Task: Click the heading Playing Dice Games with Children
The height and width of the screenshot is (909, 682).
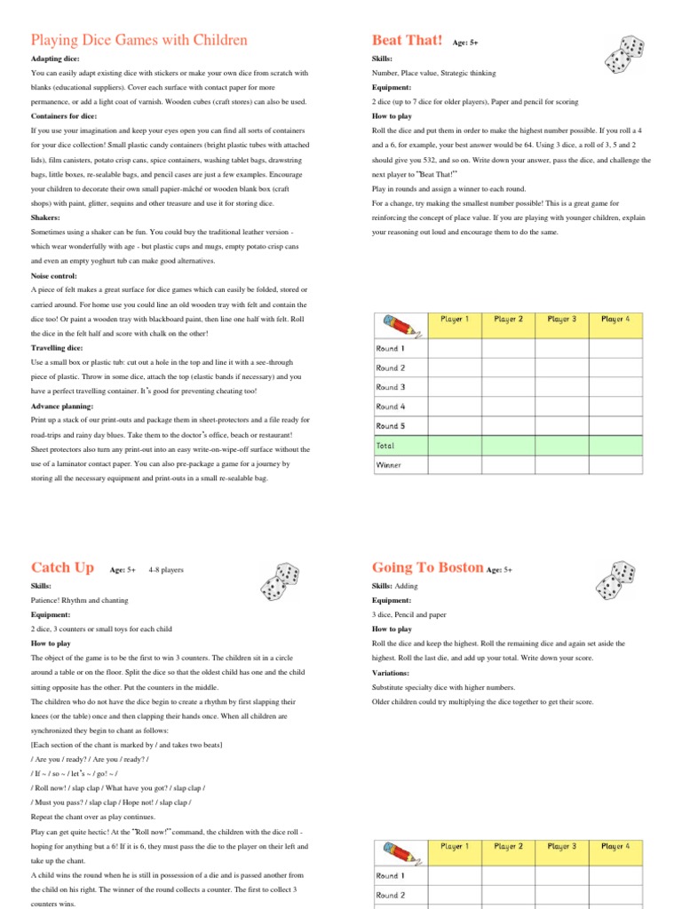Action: pyautogui.click(x=139, y=41)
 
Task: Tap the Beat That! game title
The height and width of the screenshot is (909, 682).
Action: pyautogui.click(x=407, y=40)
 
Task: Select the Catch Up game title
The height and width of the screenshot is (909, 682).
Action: pyautogui.click(x=63, y=567)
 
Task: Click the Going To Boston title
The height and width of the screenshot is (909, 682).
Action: pyautogui.click(x=427, y=567)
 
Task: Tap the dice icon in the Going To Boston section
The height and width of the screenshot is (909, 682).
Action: pyautogui.click(x=625, y=581)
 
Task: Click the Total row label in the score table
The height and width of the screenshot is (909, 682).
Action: pyautogui.click(x=385, y=446)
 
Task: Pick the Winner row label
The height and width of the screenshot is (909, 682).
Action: pyautogui.click(x=389, y=465)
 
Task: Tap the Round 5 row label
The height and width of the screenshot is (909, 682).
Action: pyautogui.click(x=391, y=426)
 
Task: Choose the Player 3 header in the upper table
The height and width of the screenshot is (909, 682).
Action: pyautogui.click(x=562, y=320)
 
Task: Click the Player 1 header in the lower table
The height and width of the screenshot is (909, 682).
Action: pyautogui.click(x=455, y=847)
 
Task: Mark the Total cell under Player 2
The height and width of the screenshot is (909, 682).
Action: pyautogui.click(x=508, y=446)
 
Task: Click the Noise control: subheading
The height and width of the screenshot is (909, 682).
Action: pyautogui.click(x=55, y=275)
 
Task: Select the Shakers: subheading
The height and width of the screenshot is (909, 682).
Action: pyautogui.click(x=46, y=217)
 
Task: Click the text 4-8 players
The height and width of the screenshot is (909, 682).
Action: pyautogui.click(x=167, y=570)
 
